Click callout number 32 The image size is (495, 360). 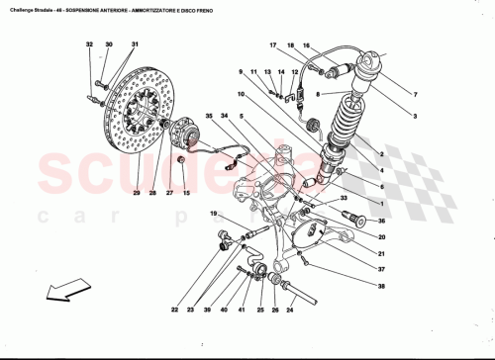(88, 45)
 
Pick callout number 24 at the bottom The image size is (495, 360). (290, 310)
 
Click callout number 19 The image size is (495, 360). (212, 214)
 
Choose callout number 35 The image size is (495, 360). (209, 117)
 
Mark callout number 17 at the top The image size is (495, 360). (272, 45)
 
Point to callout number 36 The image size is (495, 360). (380, 222)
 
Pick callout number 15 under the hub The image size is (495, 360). (185, 195)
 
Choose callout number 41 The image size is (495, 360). (239, 310)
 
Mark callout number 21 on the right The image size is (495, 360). (380, 253)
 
